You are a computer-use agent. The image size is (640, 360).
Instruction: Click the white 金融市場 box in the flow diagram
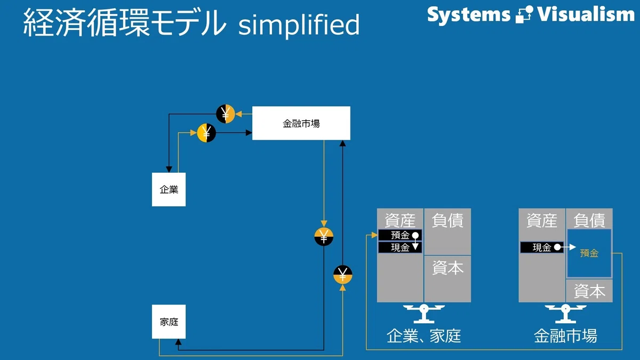[x=301, y=123]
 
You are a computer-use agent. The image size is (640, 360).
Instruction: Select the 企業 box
[x=169, y=189]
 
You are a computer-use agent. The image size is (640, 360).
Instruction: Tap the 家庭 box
[x=169, y=322]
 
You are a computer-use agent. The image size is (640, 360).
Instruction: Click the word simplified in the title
[x=299, y=25]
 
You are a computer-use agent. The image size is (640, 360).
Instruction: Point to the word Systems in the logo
[x=469, y=15]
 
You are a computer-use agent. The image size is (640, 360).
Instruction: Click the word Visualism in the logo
[x=586, y=14]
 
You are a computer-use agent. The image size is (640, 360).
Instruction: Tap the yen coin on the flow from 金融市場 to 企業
[x=226, y=114]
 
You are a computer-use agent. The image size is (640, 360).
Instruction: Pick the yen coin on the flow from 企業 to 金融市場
[x=206, y=133]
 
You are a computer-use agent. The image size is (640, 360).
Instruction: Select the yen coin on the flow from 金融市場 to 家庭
[x=324, y=237]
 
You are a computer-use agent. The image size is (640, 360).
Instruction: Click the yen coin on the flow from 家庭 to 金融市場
[x=342, y=275]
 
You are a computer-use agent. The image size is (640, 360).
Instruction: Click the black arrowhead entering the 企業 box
[x=169, y=169]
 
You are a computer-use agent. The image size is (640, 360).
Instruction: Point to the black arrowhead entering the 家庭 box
[x=178, y=342]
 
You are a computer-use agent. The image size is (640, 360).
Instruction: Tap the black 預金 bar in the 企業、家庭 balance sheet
[x=400, y=235]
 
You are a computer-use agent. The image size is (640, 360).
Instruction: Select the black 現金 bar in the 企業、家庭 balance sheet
[x=400, y=247]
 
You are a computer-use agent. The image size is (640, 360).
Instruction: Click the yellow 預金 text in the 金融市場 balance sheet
[x=589, y=253]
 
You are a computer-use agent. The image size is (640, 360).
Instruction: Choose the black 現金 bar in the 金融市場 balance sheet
[x=542, y=247]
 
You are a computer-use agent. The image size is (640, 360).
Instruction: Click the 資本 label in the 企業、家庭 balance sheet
[x=447, y=268]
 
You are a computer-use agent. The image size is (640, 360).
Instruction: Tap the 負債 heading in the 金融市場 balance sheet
[x=589, y=220]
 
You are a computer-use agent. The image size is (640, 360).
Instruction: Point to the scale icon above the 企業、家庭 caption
[x=423, y=314]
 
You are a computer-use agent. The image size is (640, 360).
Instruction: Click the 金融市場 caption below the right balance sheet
[x=565, y=336]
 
